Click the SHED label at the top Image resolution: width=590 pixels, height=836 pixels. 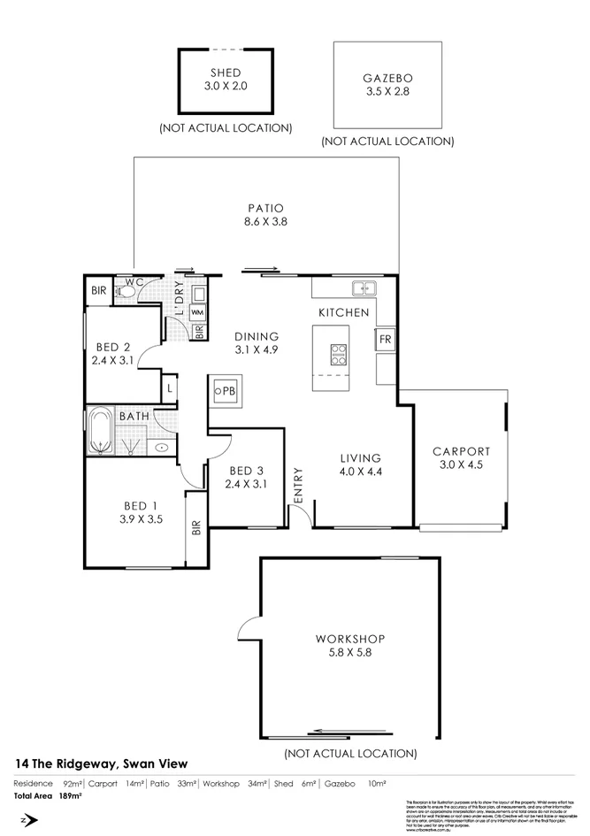(225, 73)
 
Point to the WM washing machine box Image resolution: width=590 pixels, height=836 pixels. (197, 312)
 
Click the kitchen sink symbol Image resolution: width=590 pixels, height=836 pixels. (363, 288)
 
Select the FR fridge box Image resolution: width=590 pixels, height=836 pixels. (385, 340)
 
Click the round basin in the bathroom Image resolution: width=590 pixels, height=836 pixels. (162, 448)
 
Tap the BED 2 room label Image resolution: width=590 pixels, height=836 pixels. (113, 347)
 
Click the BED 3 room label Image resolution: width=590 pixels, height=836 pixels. (244, 471)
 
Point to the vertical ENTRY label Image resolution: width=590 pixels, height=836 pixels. (298, 486)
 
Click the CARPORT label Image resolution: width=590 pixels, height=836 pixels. (460, 451)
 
